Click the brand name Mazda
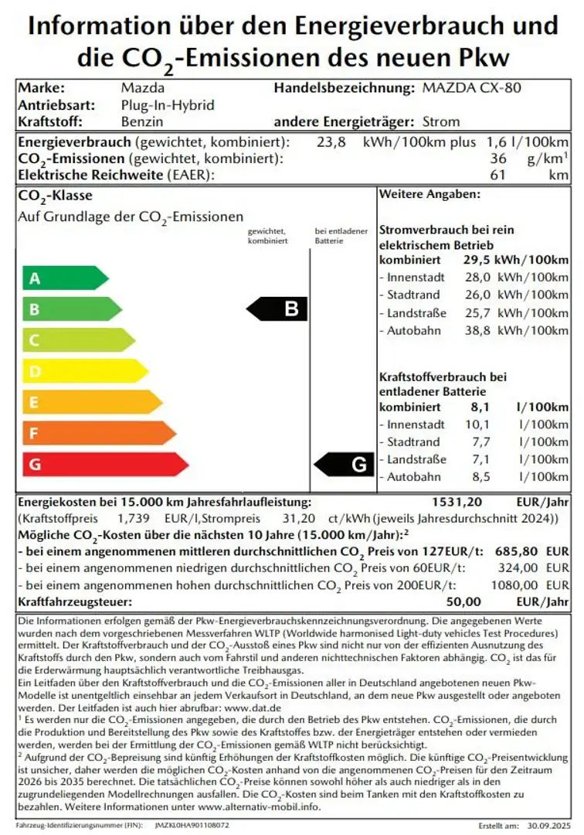tap(143, 87)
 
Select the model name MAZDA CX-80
tap(472, 87)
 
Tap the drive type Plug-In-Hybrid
tap(168, 104)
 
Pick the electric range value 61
tap(498, 176)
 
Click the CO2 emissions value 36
tap(498, 158)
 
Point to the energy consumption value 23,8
tap(331, 142)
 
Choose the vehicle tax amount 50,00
tap(463, 601)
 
